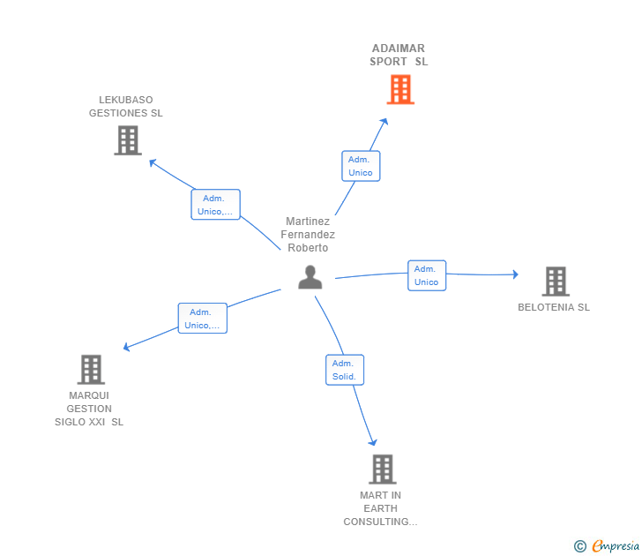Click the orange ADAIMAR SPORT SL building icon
pyautogui.click(x=399, y=89)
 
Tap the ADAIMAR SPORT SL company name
pyautogui.click(x=399, y=55)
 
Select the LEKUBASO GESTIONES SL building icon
pyautogui.click(x=128, y=140)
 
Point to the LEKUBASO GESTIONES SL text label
pyautogui.click(x=126, y=107)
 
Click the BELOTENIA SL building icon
pyautogui.click(x=555, y=282)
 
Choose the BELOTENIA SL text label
pyautogui.click(x=554, y=307)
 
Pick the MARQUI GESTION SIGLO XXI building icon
pyautogui.click(x=91, y=370)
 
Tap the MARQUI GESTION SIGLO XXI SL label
pyautogui.click(x=89, y=409)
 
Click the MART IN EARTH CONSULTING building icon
pyautogui.click(x=382, y=470)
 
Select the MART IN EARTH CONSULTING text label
pyautogui.click(x=380, y=508)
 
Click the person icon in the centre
pyautogui.click(x=310, y=277)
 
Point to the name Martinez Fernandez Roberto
pyautogui.click(x=308, y=235)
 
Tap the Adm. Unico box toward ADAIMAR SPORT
pyautogui.click(x=361, y=166)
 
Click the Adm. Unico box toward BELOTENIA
pyautogui.click(x=427, y=275)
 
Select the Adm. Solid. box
pyautogui.click(x=344, y=370)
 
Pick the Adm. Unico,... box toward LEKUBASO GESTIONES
pyautogui.click(x=215, y=205)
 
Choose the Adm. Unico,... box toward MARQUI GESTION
pyautogui.click(x=202, y=319)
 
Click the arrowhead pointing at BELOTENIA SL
pyautogui.click(x=515, y=274)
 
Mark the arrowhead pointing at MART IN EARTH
pyautogui.click(x=373, y=442)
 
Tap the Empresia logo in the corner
pyautogui.click(x=607, y=546)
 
